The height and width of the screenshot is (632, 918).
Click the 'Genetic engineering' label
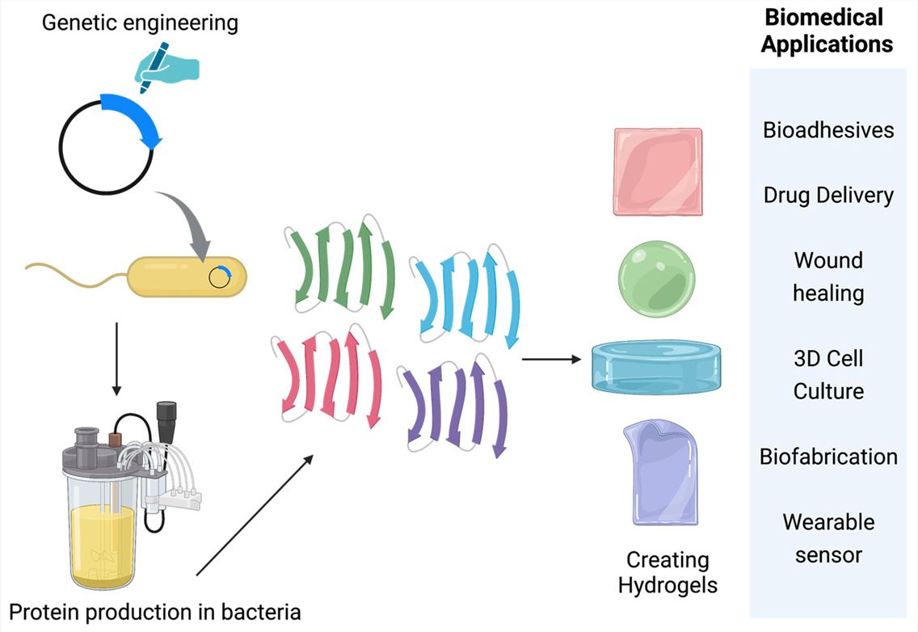click(140, 22)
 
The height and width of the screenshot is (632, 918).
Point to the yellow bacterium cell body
click(174, 276)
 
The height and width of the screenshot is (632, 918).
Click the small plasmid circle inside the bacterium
click(217, 277)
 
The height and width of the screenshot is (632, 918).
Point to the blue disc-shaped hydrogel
click(655, 366)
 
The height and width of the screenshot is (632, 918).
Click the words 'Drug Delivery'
click(828, 195)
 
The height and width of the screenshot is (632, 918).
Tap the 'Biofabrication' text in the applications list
click(828, 457)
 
